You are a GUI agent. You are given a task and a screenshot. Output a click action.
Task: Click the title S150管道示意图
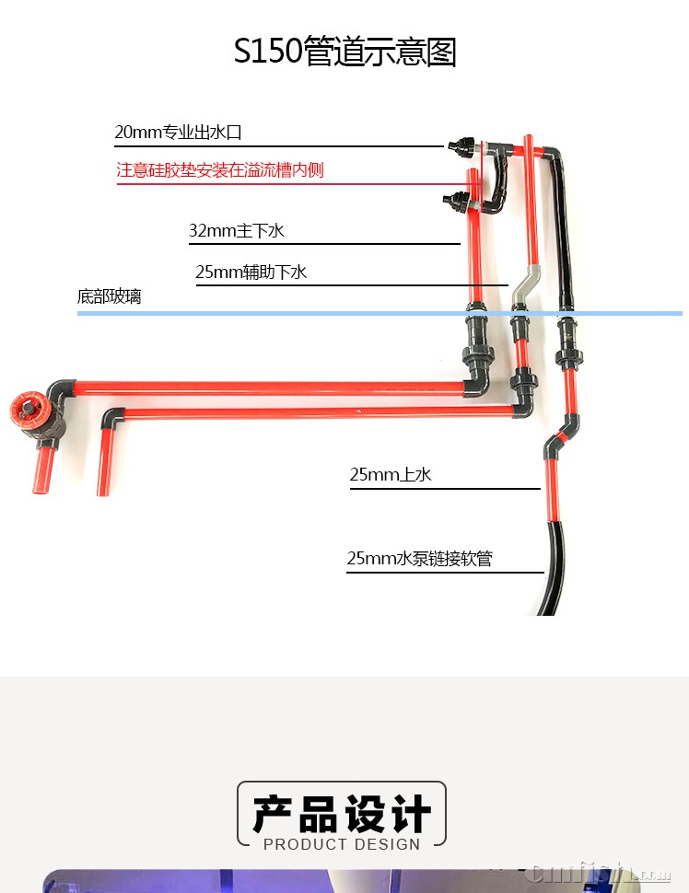pos(344,51)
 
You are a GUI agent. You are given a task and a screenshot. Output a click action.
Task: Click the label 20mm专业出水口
pos(179,133)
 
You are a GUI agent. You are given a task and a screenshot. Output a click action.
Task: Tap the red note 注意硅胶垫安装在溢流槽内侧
pos(220,169)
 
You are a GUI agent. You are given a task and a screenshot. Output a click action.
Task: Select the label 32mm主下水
pos(237,231)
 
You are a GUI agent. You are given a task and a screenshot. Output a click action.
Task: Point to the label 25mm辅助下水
pos(251,272)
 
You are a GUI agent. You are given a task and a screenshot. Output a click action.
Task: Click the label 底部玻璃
pos(110,296)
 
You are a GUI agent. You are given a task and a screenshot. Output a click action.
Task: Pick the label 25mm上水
pos(391,474)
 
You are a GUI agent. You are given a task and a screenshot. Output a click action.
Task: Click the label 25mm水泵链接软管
pos(419,558)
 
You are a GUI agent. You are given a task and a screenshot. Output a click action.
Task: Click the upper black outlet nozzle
pos(461,145)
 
